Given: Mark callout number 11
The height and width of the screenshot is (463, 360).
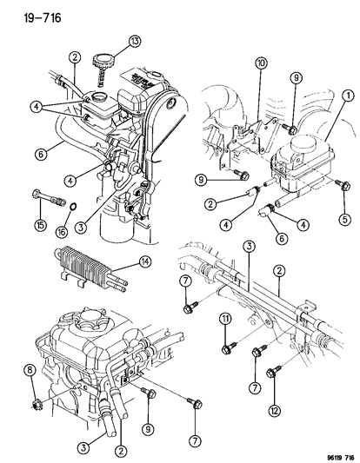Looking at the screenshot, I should (x=223, y=321).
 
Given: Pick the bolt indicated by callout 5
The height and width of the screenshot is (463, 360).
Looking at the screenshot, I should (x=341, y=187).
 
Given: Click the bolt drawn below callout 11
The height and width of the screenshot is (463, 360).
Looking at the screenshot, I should (x=224, y=347).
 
